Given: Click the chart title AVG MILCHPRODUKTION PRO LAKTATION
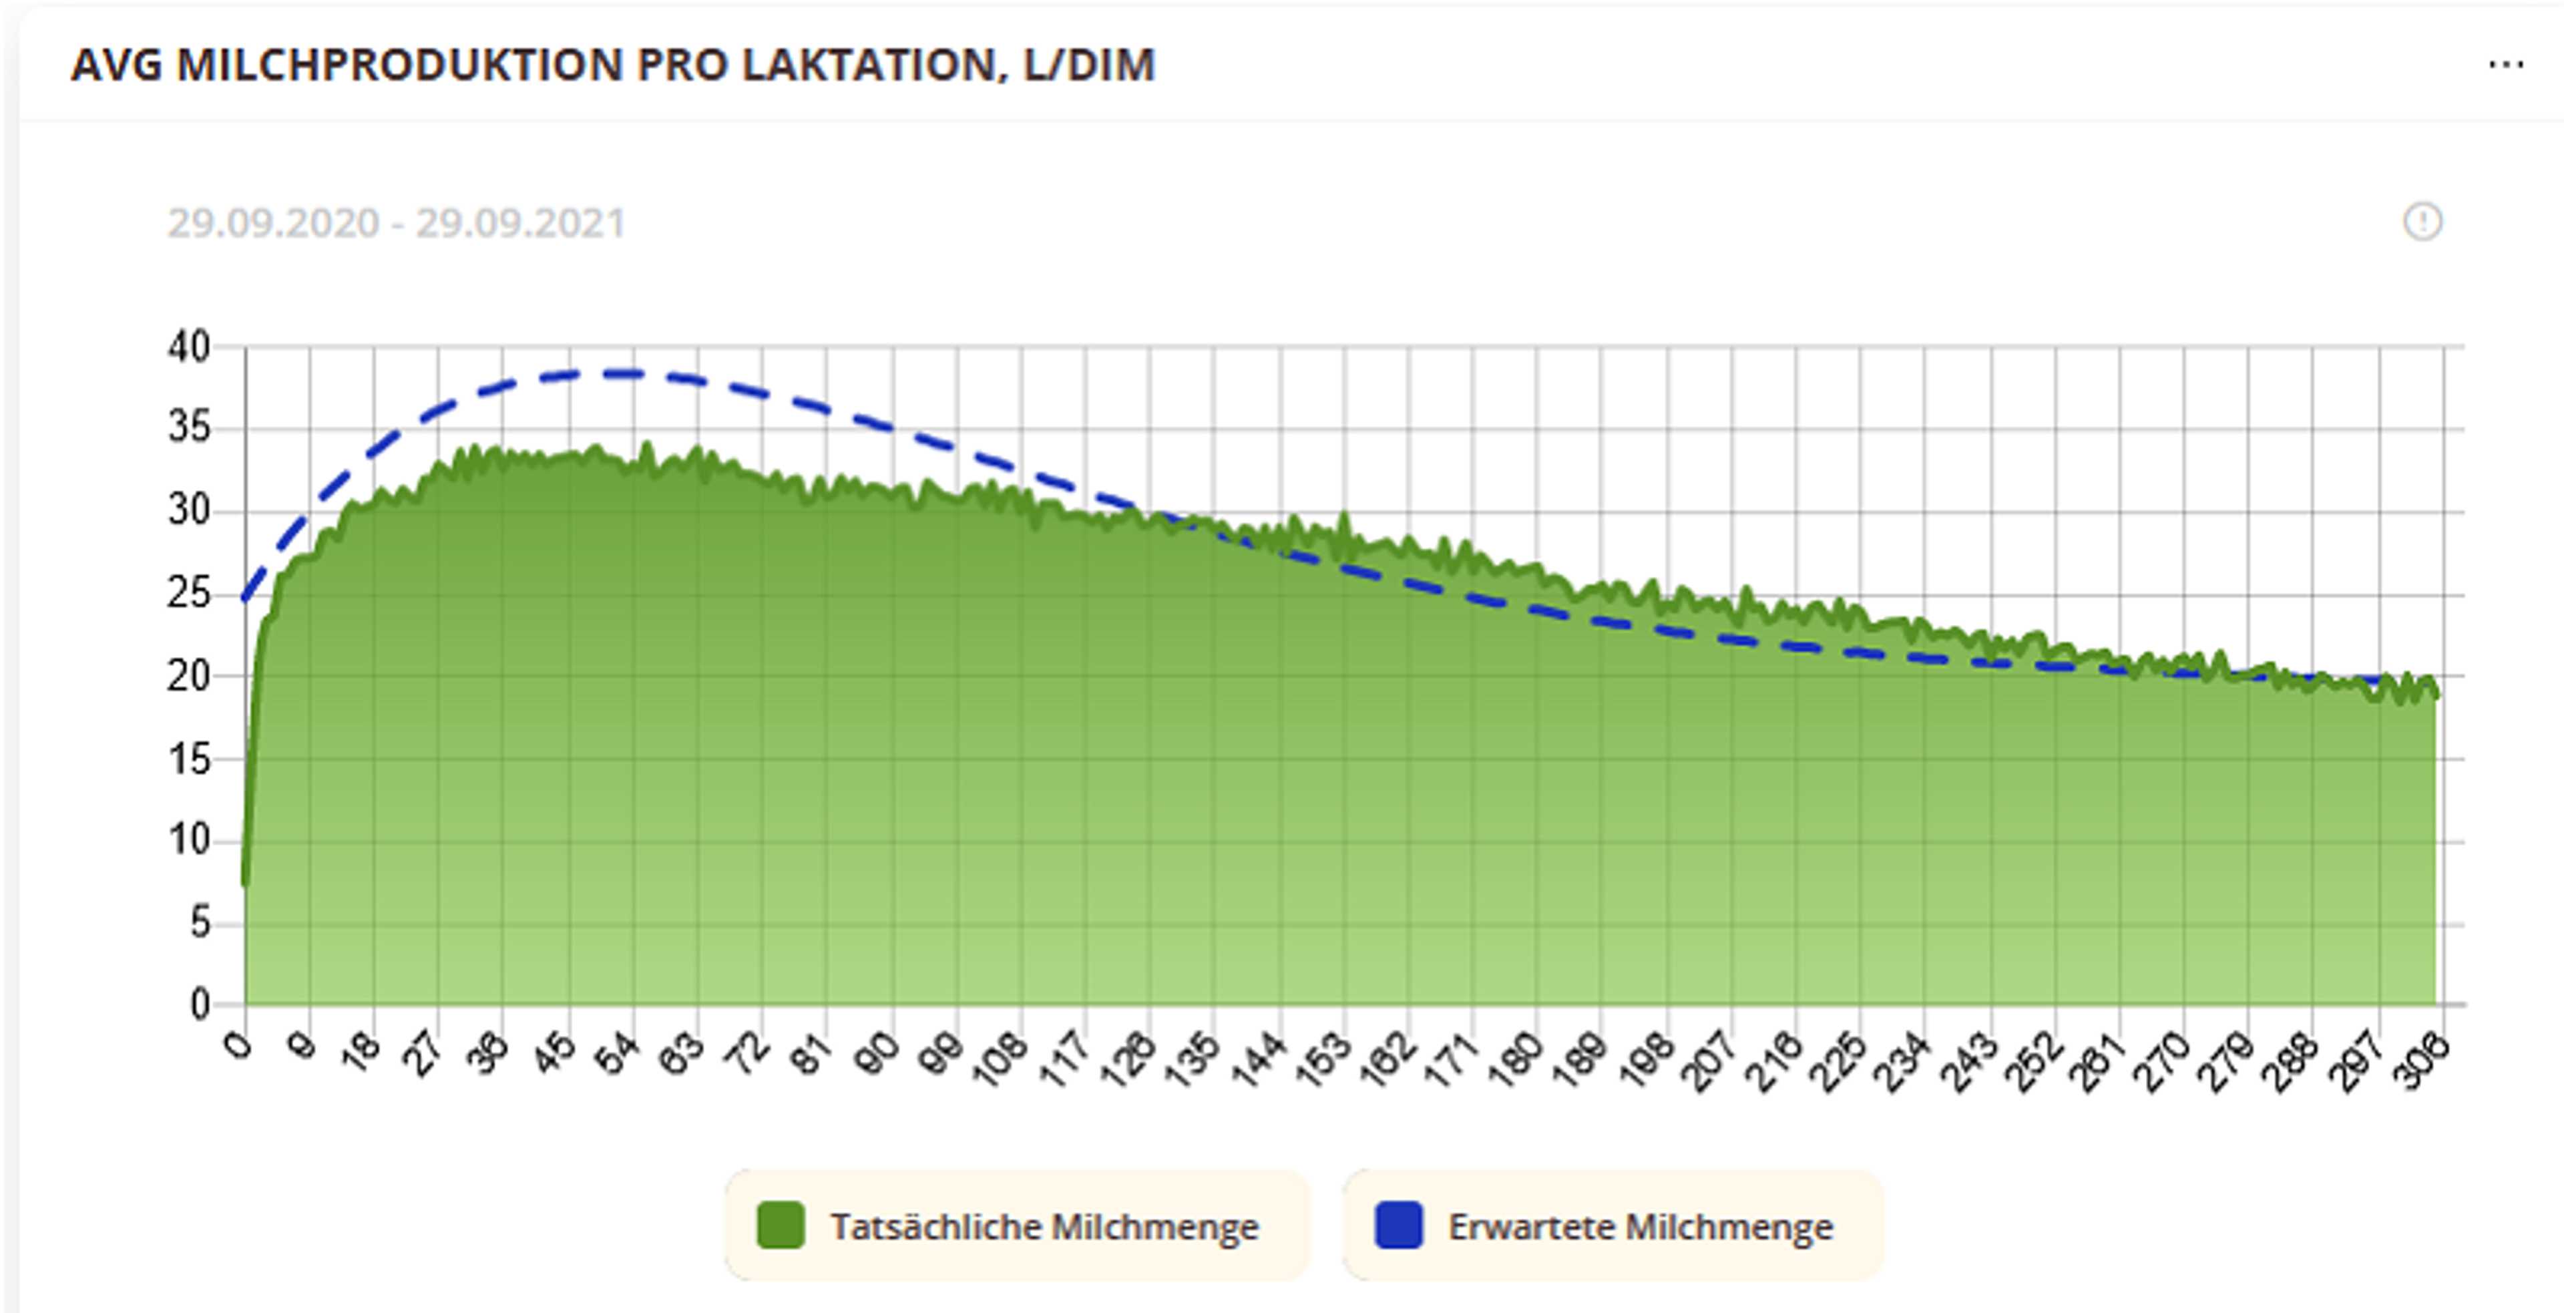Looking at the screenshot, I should click(612, 65).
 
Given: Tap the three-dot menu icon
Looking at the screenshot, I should click(2505, 65).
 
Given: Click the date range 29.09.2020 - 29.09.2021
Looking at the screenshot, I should click(396, 223).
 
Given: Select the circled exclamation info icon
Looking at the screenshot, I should click(2422, 221).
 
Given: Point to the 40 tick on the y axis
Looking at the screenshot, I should click(189, 347).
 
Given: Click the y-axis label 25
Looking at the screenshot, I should click(189, 594).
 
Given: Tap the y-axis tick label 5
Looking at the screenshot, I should click(200, 923).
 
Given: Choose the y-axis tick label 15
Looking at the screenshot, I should click(189, 759).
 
